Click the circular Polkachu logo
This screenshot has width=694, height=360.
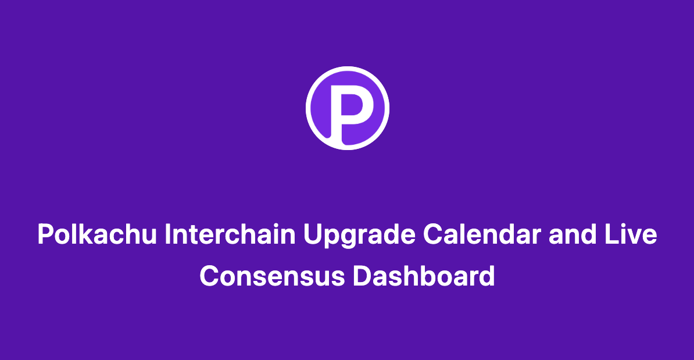347,108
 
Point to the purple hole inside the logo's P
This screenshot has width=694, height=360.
353,104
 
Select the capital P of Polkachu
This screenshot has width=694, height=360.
45,236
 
